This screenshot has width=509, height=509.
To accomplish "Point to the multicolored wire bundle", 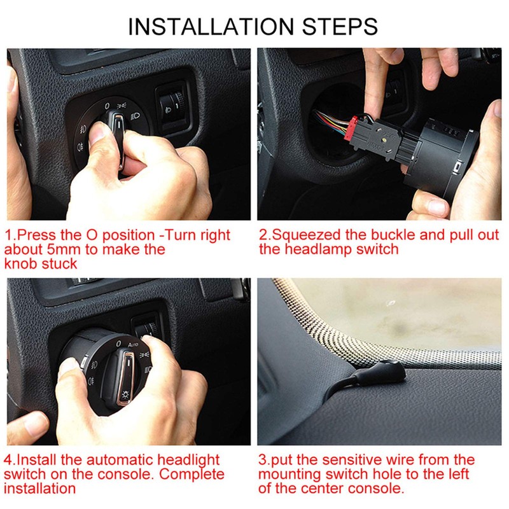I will tap(328, 121).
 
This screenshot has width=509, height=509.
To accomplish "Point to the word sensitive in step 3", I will tap(351, 460).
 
